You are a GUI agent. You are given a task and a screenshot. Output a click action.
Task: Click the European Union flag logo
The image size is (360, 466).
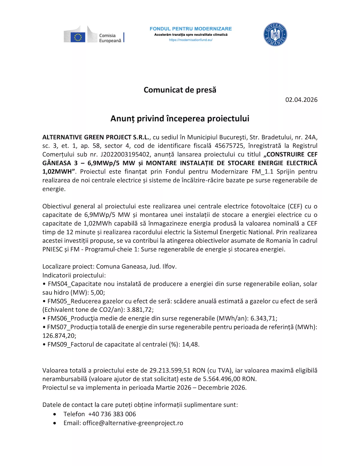[x=78, y=37]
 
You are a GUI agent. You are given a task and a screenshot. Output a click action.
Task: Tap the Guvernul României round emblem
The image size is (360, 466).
[x=275, y=35]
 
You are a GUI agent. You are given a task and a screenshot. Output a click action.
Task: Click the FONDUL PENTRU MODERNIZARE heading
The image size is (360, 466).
[x=190, y=29]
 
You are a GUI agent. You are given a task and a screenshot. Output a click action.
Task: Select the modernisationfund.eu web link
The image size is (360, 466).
[x=190, y=40]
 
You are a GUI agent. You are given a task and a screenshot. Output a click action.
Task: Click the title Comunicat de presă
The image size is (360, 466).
[x=180, y=90]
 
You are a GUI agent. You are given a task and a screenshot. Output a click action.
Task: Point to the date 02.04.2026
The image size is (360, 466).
[x=301, y=100]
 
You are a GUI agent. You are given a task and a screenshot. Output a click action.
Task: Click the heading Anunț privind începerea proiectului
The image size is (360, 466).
[x=180, y=119]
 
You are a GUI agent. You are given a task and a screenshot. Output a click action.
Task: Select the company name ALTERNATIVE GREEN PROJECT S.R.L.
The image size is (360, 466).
[x=96, y=137]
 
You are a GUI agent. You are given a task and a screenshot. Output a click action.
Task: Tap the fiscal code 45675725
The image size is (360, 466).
[x=229, y=146]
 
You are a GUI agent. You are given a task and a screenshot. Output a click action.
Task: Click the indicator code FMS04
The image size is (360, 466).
[x=58, y=284]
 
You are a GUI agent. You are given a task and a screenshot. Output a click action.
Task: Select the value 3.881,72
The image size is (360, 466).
[x=140, y=310]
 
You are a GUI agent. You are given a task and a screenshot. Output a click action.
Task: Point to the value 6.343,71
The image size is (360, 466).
[x=263, y=318]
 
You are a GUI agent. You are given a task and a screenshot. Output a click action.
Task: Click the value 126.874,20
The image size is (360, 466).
[x=59, y=336]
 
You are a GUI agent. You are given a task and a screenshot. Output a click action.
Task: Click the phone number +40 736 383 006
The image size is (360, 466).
[x=112, y=414]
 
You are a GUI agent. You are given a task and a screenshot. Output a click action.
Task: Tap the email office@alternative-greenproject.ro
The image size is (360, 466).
[x=133, y=423]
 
